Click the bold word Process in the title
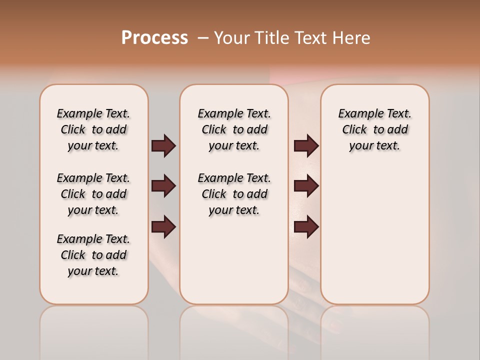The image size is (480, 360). point(154,38)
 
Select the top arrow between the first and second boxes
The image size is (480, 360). point(163,146)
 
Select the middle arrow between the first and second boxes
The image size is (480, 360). point(163,186)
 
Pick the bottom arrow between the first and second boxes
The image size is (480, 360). point(163,227)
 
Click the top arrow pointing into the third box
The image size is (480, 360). point(306,146)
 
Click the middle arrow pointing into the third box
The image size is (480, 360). point(306,186)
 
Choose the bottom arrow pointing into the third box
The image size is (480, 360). point(306,227)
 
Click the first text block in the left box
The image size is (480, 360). point(93,129)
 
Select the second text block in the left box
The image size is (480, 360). point(93,194)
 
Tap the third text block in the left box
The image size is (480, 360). point(93,255)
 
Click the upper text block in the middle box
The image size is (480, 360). point(234,129)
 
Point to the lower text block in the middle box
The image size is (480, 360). point(234,194)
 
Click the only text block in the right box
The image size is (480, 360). point(374,129)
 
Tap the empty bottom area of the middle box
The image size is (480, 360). point(234,265)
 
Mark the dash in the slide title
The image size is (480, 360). point(202,38)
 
